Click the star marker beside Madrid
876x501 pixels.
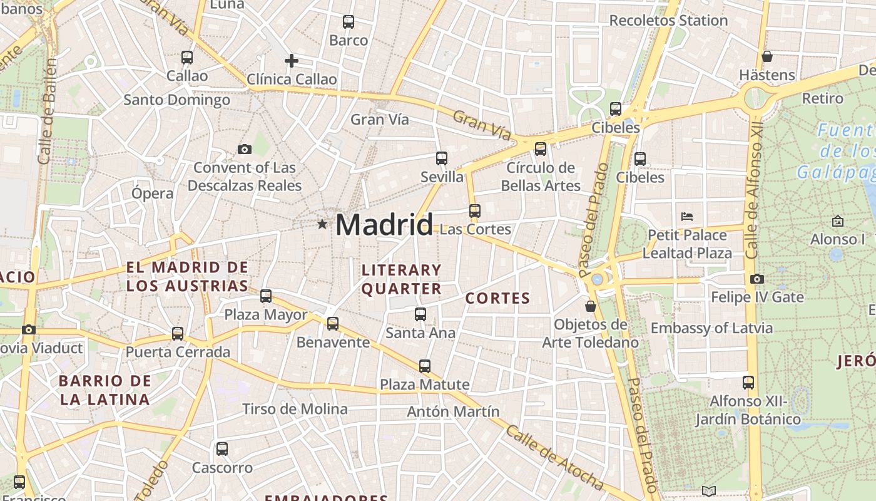click(x=322, y=224)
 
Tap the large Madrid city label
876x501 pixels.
click(x=384, y=224)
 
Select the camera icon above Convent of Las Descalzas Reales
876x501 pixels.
click(x=245, y=149)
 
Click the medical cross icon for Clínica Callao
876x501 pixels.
click(x=291, y=61)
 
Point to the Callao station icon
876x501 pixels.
click(x=187, y=58)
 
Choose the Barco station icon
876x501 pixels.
click(x=349, y=22)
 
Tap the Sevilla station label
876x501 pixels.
click(x=442, y=177)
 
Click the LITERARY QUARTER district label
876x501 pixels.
click(x=402, y=279)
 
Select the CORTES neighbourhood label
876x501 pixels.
click(x=497, y=299)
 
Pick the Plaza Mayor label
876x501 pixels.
click(x=266, y=314)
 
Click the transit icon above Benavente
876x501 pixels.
click(x=333, y=324)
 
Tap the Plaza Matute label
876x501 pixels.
click(x=424, y=384)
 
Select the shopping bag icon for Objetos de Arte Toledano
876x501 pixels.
click(x=590, y=306)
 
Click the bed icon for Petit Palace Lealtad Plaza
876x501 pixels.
click(x=687, y=217)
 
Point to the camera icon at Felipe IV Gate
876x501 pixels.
click(x=757, y=279)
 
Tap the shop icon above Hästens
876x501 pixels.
click(x=767, y=56)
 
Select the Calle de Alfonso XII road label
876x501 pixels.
click(x=755, y=191)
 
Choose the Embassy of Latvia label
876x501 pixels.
click(x=711, y=328)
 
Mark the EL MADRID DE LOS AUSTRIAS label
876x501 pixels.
click(x=187, y=277)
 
